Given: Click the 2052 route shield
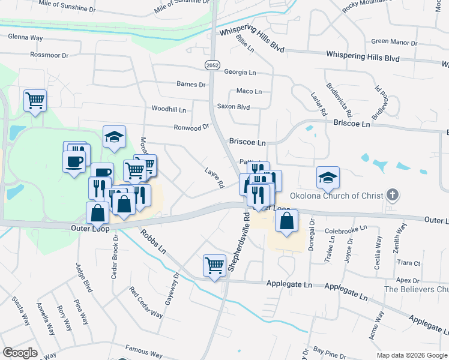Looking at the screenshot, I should click(x=211, y=65).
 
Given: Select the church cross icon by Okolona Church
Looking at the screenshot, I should click(x=393, y=194).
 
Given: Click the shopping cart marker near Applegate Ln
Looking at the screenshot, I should click(x=214, y=265).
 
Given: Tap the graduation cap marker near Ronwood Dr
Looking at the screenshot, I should click(x=113, y=137).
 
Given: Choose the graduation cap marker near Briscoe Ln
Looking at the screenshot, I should click(x=328, y=178).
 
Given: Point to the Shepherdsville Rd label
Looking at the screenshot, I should click(x=238, y=241).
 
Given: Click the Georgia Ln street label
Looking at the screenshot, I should click(x=240, y=72).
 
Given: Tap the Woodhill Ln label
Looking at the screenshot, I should click(x=169, y=109).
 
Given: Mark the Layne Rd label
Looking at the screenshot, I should click(x=214, y=178).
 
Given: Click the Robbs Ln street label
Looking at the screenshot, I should click(x=153, y=243).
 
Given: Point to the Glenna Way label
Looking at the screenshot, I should click(x=25, y=37).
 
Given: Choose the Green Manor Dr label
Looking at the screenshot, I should click(x=394, y=42).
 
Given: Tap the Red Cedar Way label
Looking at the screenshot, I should click(x=146, y=302).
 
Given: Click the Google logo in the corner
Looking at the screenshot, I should click(x=20, y=353).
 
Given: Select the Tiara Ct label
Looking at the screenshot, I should click(x=408, y=263).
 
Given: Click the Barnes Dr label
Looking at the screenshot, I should click(x=191, y=85).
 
